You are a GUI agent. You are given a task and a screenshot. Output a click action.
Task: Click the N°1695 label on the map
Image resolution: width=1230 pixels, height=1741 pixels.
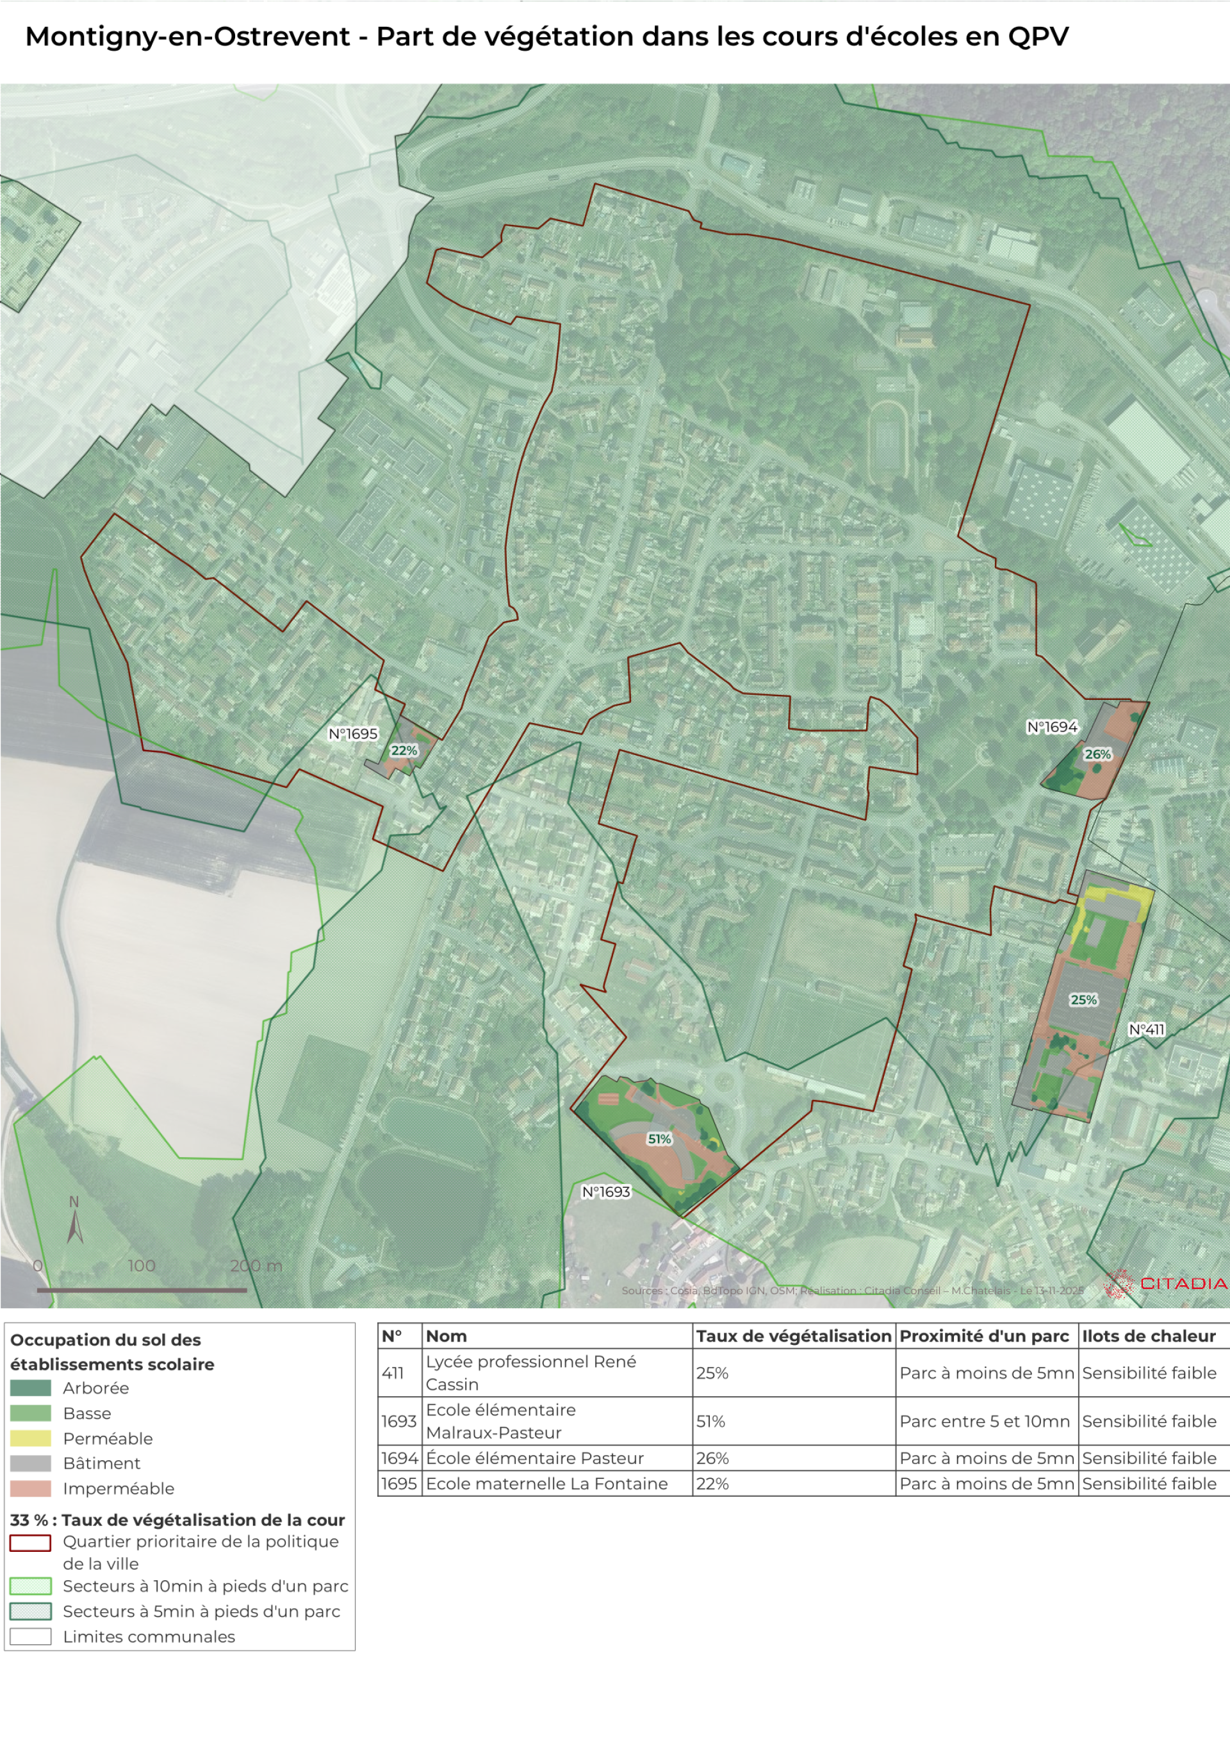click(352, 733)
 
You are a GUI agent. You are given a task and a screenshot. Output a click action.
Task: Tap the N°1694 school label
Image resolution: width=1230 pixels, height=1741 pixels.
click(1052, 726)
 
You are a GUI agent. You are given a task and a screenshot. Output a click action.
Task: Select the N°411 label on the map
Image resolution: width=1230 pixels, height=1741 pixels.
click(1146, 1029)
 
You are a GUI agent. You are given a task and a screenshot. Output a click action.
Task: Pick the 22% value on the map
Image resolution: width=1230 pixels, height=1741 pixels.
click(404, 750)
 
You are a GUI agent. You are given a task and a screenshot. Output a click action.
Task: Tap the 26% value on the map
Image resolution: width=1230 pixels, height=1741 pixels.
click(1097, 754)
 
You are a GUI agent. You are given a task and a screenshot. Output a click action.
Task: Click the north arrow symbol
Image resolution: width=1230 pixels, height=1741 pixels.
click(74, 1222)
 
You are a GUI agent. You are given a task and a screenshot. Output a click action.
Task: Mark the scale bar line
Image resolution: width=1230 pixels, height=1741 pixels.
click(142, 1289)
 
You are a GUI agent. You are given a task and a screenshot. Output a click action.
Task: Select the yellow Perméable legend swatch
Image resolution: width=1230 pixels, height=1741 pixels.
click(30, 1438)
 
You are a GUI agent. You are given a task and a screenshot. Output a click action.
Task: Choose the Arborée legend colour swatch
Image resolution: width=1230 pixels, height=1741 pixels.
click(30, 1388)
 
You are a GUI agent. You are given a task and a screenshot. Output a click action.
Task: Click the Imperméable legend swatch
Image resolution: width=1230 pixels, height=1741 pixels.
click(30, 1488)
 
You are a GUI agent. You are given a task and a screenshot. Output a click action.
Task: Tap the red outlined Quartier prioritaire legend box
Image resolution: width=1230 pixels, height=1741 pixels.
click(30, 1542)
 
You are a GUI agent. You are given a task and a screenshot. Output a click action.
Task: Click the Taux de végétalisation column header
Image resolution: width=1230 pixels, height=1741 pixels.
click(794, 1335)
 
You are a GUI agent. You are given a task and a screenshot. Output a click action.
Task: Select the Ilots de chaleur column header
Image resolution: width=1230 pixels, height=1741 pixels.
click(1149, 1335)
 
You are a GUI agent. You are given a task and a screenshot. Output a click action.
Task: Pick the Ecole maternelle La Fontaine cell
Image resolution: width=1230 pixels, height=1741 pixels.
click(546, 1483)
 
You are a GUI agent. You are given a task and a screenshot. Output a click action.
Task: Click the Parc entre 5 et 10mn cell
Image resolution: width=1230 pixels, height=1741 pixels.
click(985, 1421)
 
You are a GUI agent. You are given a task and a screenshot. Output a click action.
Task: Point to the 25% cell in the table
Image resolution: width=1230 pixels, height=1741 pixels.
click(712, 1372)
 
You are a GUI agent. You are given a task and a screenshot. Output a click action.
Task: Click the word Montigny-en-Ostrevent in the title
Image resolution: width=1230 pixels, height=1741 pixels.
click(188, 37)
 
